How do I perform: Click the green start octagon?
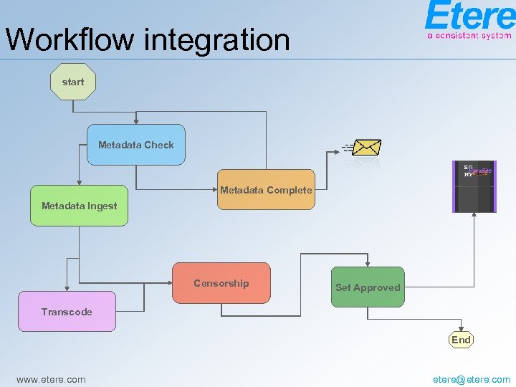tap(73, 82)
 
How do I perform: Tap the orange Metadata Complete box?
tap(266, 190)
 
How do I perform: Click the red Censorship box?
tap(221, 284)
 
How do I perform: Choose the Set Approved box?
tap(368, 287)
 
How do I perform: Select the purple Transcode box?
tap(67, 312)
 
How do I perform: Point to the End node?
tap(461, 340)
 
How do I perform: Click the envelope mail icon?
tap(366, 148)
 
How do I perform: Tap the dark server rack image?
tap(474, 186)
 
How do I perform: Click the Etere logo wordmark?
tap(469, 16)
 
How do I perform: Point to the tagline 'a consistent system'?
tap(469, 35)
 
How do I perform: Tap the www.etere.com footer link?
tap(51, 379)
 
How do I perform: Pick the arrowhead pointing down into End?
tap(461, 328)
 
